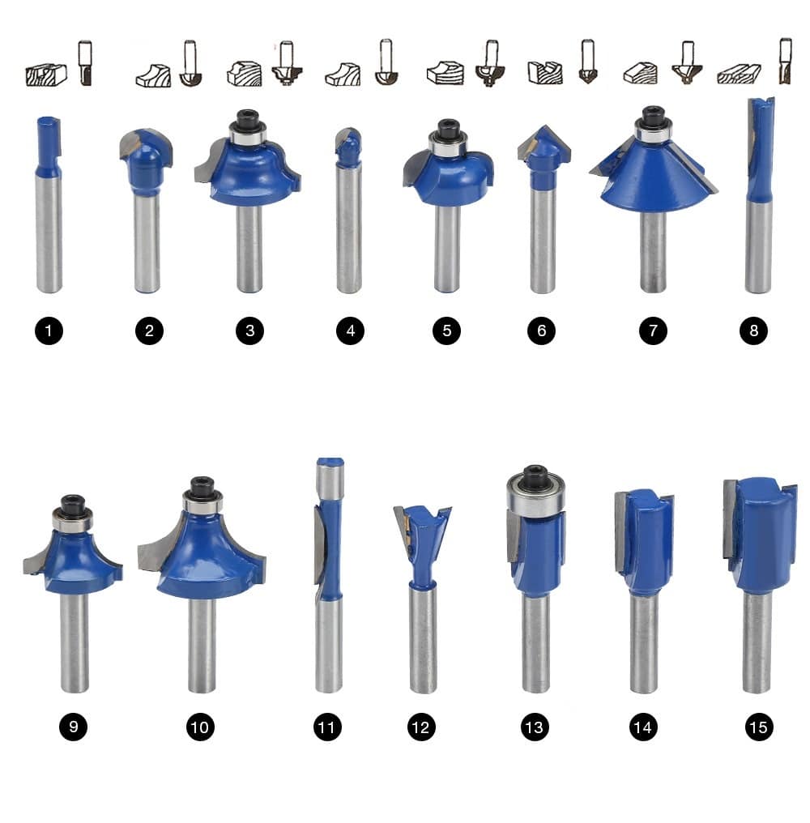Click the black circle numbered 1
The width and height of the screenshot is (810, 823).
pyautogui.click(x=49, y=330)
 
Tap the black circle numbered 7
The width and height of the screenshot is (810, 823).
pyautogui.click(x=653, y=330)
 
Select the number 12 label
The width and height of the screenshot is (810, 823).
pyautogui.click(x=421, y=727)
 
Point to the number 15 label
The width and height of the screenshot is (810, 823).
pyautogui.click(x=758, y=727)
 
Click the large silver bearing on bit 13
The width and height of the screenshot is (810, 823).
pyautogui.click(x=536, y=493)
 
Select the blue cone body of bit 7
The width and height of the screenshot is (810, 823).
pyautogui.click(x=654, y=174)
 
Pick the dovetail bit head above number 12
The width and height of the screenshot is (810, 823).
pyautogui.click(x=422, y=546)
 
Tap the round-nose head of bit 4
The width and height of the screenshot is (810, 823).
pyautogui.click(x=348, y=147)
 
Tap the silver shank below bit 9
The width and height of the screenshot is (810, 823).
pyautogui.click(x=74, y=642)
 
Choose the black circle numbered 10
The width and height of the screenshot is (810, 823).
pyautogui.click(x=200, y=727)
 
